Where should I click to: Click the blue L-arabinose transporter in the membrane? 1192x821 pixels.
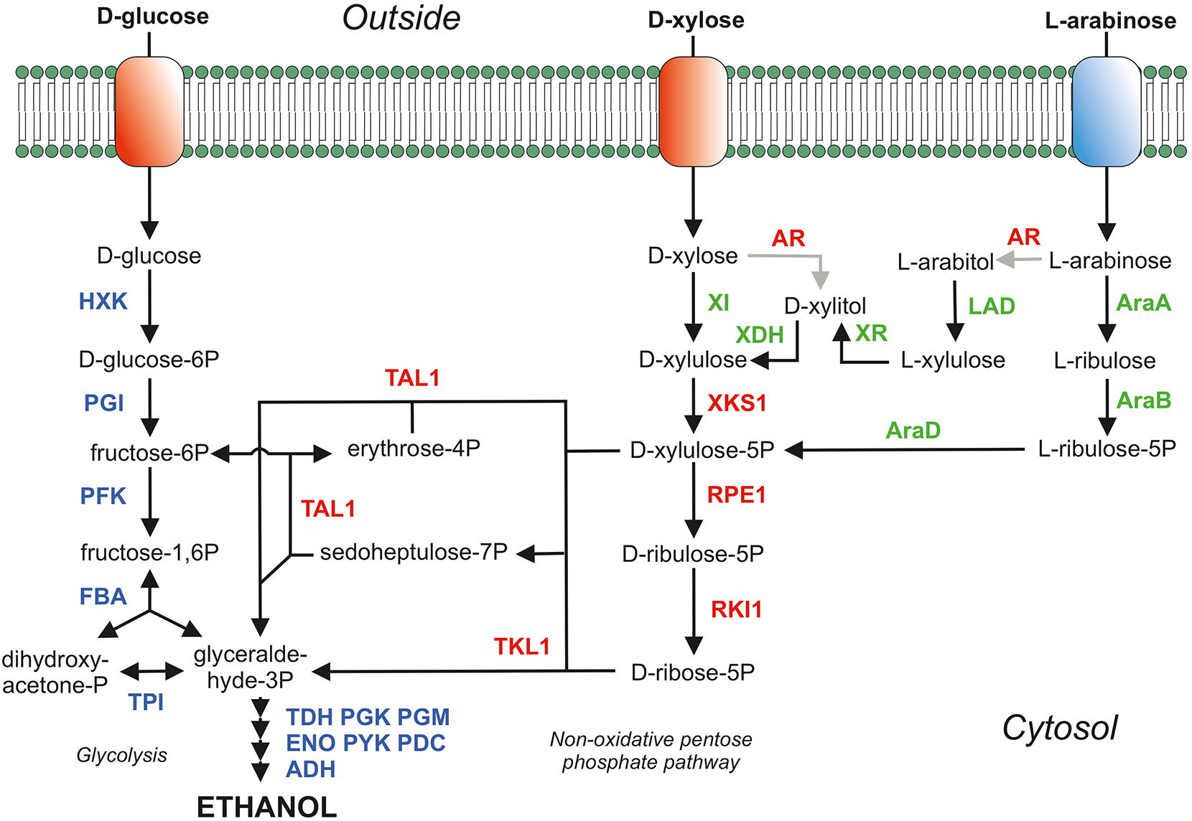[x=1106, y=111]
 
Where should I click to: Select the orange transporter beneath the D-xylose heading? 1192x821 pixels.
[x=693, y=111]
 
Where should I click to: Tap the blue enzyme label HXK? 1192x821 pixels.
[x=103, y=301]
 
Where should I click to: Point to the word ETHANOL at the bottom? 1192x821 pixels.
[x=266, y=807]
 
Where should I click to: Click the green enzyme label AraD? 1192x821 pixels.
[x=913, y=430]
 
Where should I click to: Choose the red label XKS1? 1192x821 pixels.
[x=737, y=403]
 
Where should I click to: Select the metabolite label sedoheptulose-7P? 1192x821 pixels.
[x=414, y=552]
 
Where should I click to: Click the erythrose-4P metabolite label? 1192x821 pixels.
[x=414, y=449]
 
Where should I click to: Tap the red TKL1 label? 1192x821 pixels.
[x=521, y=647]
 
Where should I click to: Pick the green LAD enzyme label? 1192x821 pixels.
[x=991, y=306]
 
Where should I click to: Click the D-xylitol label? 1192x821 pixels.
[x=825, y=306]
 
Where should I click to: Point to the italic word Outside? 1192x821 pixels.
[x=401, y=19]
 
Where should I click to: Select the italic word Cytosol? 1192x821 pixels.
[x=1059, y=728]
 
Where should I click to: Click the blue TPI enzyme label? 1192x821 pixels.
[x=146, y=702]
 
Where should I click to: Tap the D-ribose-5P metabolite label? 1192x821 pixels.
[x=692, y=672]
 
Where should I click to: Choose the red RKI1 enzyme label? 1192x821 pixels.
[x=736, y=610]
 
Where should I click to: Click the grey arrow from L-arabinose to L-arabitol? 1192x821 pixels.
[x=1018, y=260]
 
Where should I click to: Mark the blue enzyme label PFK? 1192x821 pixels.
[x=103, y=496]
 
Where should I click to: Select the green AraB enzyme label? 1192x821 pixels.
[x=1143, y=400]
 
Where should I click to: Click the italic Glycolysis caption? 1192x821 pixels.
[x=121, y=755]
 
